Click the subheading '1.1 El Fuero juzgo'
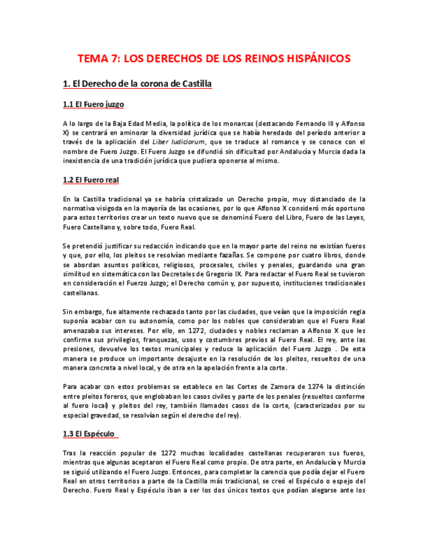point(93,105)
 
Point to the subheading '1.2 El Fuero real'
point(91,180)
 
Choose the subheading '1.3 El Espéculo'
point(90,433)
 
